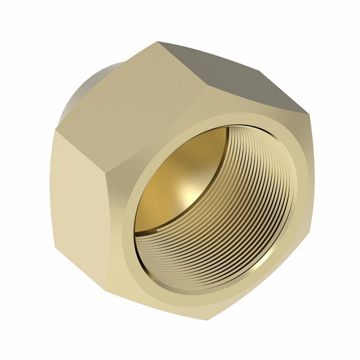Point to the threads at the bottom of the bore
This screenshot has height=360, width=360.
[x=210, y=264]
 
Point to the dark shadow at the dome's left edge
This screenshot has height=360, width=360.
[x=141, y=198]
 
